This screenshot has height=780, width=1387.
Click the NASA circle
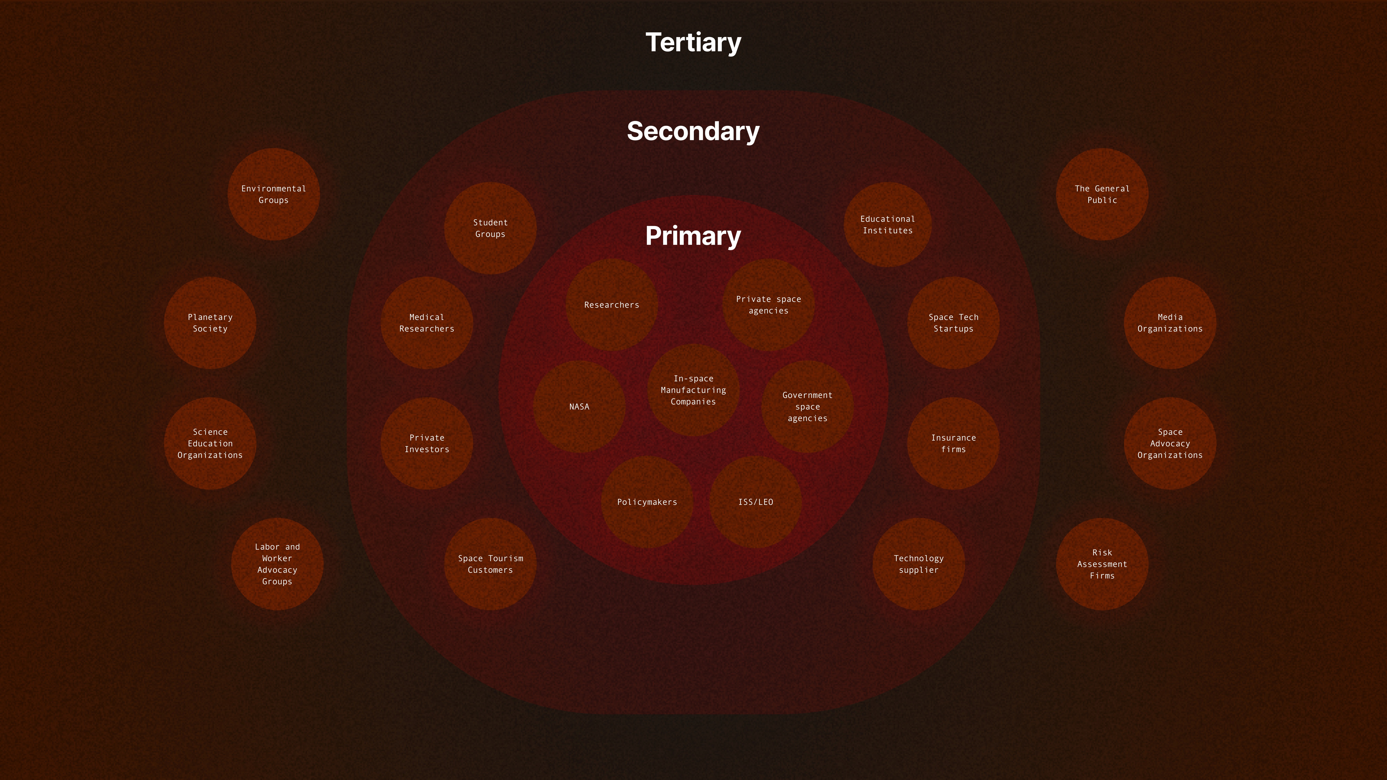click(579, 406)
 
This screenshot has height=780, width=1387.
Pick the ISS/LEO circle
click(755, 502)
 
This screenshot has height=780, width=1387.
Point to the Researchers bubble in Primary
click(612, 305)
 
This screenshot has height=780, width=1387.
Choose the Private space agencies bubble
click(768, 305)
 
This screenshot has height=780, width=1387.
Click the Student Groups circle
click(490, 228)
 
